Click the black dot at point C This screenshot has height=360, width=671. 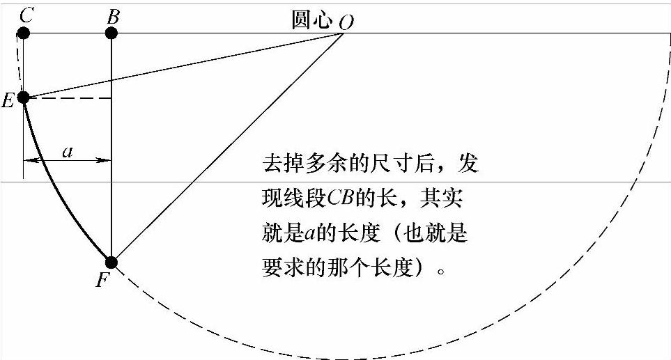tap(23, 33)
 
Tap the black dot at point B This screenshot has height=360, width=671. tap(111, 33)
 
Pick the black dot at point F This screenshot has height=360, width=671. tap(111, 263)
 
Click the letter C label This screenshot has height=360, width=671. tap(26, 15)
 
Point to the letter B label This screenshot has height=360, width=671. tap(112, 15)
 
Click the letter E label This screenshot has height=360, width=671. tap(8, 102)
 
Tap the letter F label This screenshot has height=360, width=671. tap(102, 281)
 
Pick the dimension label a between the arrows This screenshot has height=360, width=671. tap(68, 151)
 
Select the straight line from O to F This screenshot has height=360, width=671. tap(230, 146)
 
